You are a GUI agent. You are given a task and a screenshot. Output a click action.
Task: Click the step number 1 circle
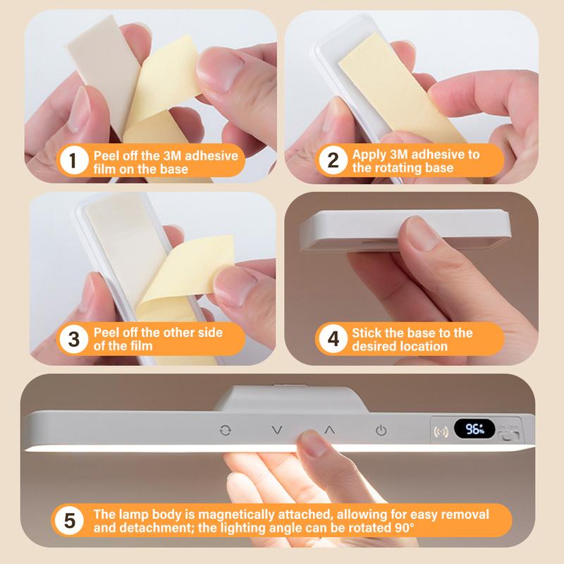tap(73, 161)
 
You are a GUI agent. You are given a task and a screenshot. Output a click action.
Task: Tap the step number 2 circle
tap(333, 161)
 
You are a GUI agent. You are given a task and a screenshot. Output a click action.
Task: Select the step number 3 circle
tap(74, 339)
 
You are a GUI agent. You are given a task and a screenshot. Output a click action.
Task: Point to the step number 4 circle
tap(333, 339)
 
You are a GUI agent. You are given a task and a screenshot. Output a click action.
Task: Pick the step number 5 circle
tap(69, 520)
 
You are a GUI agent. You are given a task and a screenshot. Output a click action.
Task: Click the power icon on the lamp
tap(381, 430)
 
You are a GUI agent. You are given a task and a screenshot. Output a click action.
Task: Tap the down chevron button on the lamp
tap(277, 430)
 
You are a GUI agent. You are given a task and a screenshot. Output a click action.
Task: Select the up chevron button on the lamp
tap(330, 430)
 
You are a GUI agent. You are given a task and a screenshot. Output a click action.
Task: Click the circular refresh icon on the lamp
tap(225, 430)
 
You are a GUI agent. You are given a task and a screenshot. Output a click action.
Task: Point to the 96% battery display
tap(474, 429)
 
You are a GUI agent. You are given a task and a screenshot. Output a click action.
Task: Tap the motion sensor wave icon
tap(441, 431)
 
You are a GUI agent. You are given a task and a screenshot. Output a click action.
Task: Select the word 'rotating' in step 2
tap(398, 168)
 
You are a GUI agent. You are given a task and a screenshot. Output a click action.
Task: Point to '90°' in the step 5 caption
tap(403, 527)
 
